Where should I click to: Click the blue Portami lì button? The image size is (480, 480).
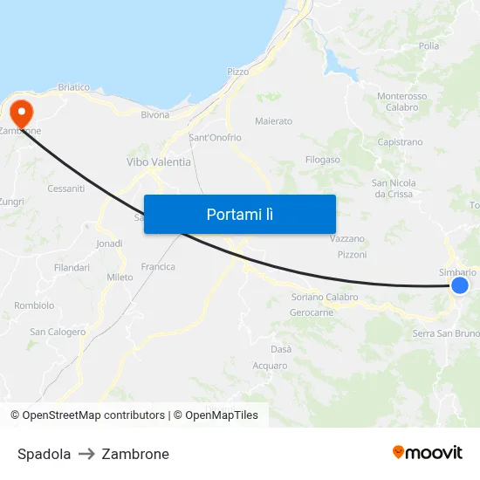[x=239, y=214]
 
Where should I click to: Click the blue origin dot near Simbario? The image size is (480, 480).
[x=460, y=285]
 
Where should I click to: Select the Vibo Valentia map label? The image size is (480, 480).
[x=159, y=162]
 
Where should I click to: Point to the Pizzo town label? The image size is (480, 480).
[x=237, y=72]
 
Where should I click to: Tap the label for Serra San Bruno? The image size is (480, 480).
[x=446, y=333]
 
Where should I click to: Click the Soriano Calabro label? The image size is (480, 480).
[x=325, y=297]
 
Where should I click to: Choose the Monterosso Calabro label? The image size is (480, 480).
[x=402, y=101]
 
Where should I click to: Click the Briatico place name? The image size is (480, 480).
[x=74, y=87]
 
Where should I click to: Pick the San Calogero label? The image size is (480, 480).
[x=58, y=332]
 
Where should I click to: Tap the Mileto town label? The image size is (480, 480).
[x=120, y=278]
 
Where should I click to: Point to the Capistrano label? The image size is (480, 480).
[x=400, y=141]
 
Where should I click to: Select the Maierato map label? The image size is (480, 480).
[x=273, y=121]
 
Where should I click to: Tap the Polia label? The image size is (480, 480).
[x=429, y=45]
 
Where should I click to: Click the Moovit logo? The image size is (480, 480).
[x=428, y=452]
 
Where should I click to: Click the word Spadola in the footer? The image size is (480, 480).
[x=45, y=454]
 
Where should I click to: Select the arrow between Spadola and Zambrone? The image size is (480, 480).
[x=86, y=454]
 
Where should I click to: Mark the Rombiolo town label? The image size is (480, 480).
[x=34, y=305]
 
